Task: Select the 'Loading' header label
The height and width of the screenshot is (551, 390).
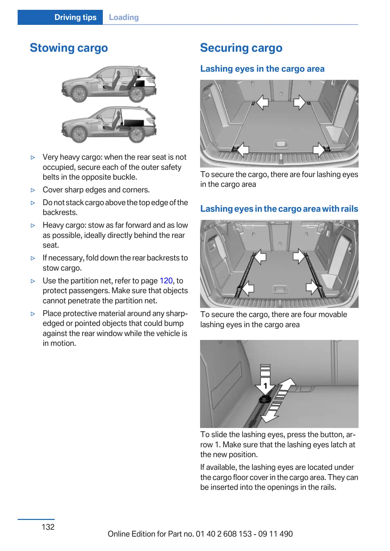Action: click(123, 17)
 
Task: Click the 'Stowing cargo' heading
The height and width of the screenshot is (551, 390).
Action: click(69, 48)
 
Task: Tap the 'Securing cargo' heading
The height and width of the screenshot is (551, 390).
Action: click(241, 48)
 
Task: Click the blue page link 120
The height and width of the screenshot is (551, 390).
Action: click(166, 281)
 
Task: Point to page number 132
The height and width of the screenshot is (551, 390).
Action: click(48, 527)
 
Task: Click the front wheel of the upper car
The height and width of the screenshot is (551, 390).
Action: click(79, 94)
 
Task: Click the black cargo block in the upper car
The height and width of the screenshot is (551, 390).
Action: click(140, 83)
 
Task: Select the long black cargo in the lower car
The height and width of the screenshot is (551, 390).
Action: click(134, 123)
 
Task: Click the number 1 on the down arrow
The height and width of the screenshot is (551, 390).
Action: click(266, 386)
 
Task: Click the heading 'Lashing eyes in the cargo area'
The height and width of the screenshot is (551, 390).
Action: click(262, 69)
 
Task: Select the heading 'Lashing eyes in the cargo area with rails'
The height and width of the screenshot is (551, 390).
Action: click(279, 209)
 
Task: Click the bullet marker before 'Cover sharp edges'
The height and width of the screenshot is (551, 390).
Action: click(33, 190)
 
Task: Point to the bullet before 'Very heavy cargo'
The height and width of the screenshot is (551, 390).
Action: click(33, 157)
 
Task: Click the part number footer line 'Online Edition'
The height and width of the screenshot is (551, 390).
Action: click(200, 534)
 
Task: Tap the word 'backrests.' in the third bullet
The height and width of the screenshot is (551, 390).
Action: click(60, 212)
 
